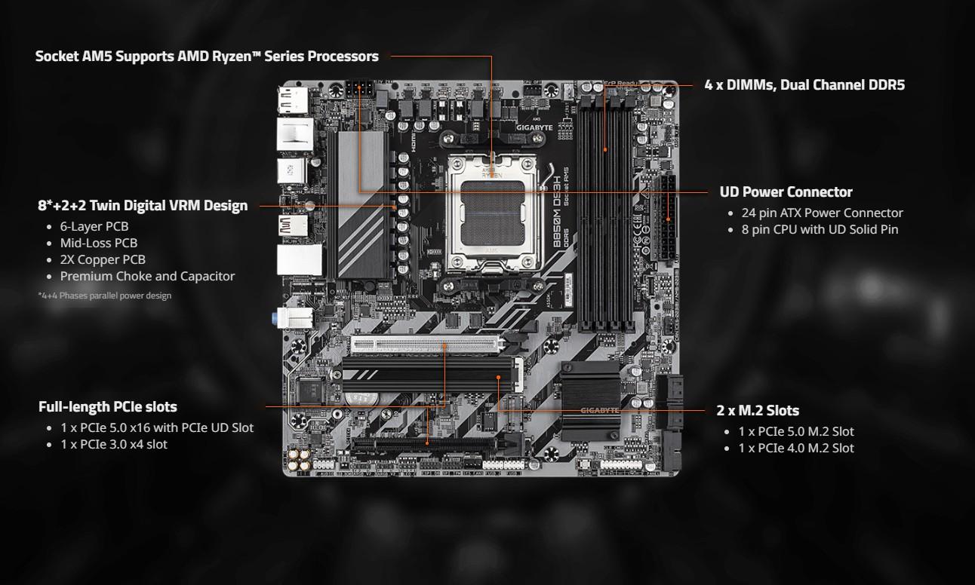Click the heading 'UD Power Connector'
pyautogui.click(x=786, y=191)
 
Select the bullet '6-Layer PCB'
pyautogui.click(x=94, y=226)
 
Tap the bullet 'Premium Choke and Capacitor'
pyautogui.click(x=147, y=276)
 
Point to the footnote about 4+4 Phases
pyautogui.click(x=104, y=296)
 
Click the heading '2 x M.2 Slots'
pyautogui.click(x=758, y=411)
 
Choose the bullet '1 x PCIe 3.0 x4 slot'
pyautogui.click(x=114, y=444)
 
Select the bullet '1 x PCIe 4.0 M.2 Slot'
pyautogui.click(x=796, y=448)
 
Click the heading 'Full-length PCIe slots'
pyautogui.click(x=108, y=406)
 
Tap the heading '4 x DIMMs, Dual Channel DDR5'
pyautogui.click(x=804, y=84)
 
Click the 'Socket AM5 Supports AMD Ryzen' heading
pyautogui.click(x=207, y=56)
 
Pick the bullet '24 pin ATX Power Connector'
pyautogui.click(x=822, y=213)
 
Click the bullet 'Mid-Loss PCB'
pyautogui.click(x=99, y=243)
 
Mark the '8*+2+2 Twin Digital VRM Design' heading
pyautogui.click(x=143, y=205)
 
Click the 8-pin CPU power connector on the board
pyautogui.click(x=361, y=88)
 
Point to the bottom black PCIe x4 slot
pyautogui.click(x=429, y=444)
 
